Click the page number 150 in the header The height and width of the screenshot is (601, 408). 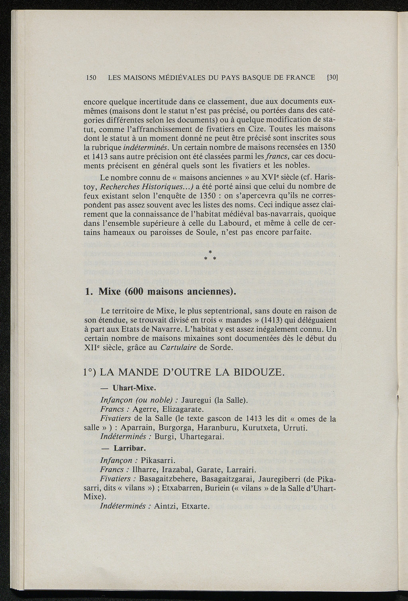pos(91,77)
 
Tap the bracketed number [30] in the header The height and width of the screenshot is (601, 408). pos(332,77)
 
